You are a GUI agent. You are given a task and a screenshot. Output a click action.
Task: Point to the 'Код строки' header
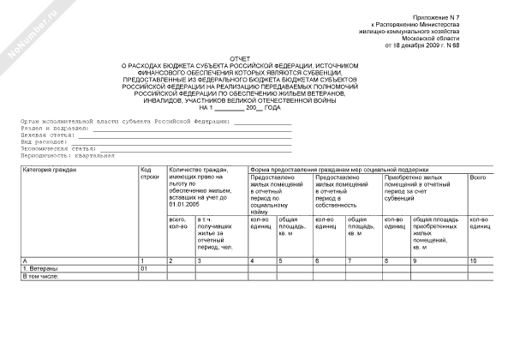click(x=148, y=174)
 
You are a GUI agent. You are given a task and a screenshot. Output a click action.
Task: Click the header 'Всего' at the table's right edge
click(x=478, y=177)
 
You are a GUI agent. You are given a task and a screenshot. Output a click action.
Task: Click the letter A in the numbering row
click(x=25, y=260)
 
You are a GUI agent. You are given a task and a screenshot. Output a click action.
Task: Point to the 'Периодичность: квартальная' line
click(x=69, y=155)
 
